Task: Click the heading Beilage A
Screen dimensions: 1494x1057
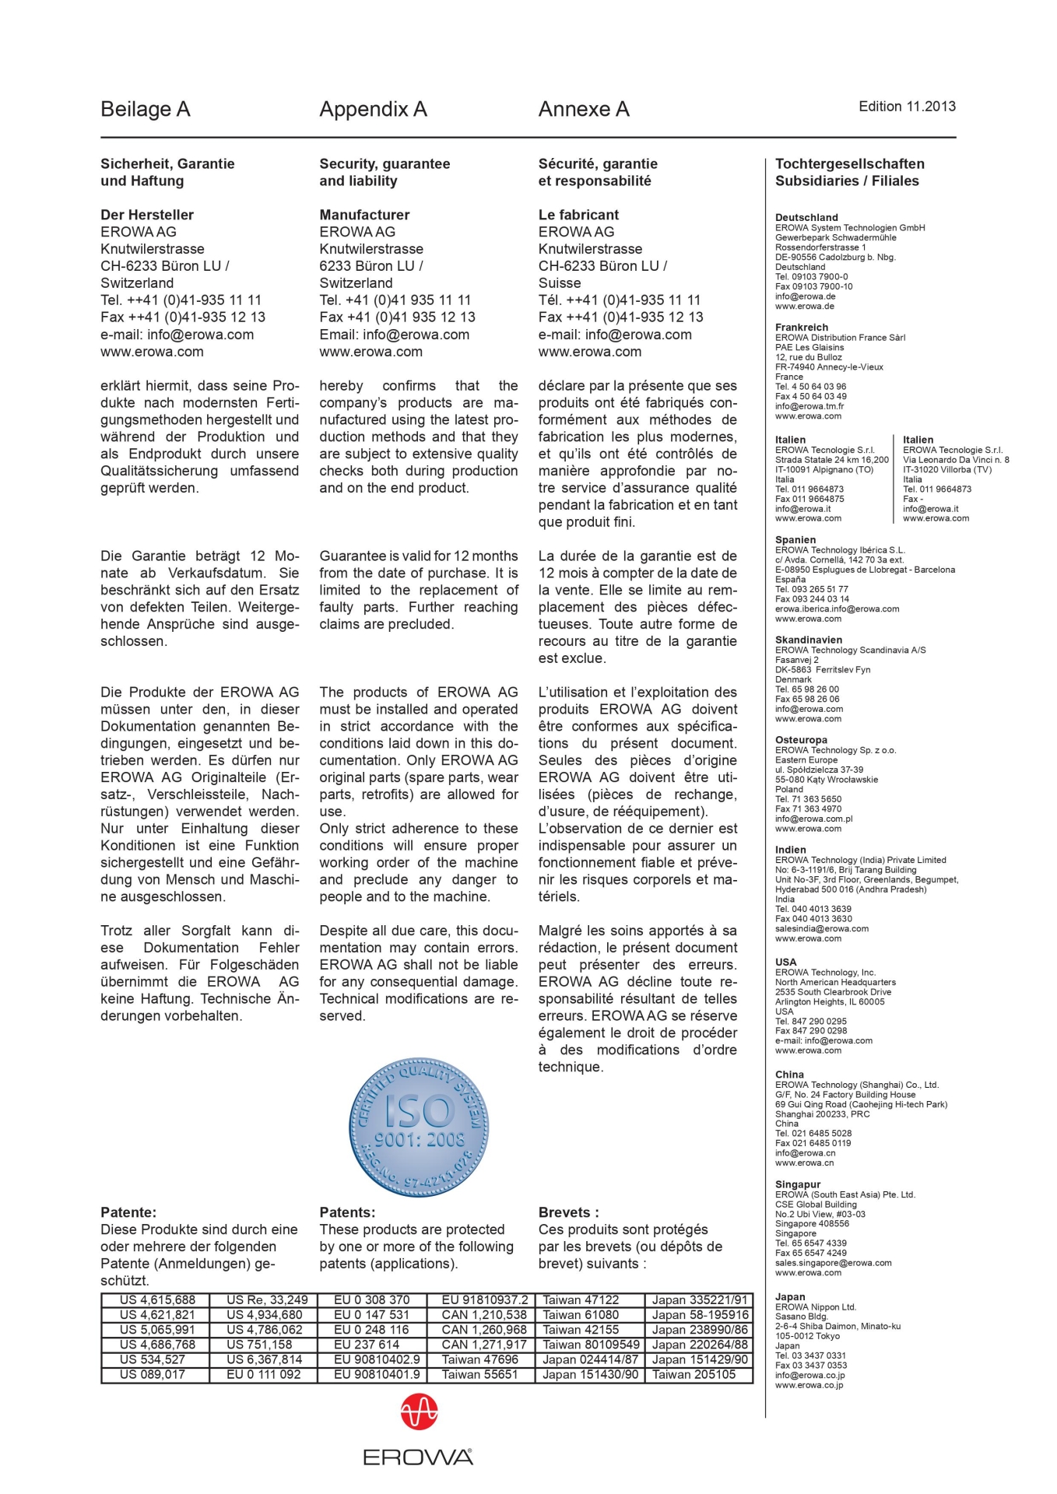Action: pos(146,110)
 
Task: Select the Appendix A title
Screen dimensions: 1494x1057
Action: pos(373,110)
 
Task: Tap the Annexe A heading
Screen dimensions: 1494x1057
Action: pos(584,110)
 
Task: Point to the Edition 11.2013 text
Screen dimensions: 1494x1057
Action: pos(907,107)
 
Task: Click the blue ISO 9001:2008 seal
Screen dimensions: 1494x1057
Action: pos(419,1127)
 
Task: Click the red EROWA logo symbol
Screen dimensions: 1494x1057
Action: pos(419,1412)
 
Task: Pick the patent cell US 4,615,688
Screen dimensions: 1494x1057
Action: pos(157,1300)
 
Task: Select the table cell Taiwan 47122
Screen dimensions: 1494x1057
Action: pos(581,1300)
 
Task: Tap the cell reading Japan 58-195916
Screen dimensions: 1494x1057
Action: pos(700,1315)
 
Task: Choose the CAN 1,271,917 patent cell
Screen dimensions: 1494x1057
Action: pos(484,1345)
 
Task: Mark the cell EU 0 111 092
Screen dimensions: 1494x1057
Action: pos(264,1374)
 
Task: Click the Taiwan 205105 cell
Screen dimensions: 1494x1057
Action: pos(694,1374)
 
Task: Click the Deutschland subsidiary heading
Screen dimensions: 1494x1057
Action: pos(806,218)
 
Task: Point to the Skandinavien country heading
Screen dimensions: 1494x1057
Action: pos(809,640)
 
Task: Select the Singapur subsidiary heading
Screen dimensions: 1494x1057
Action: pos(798,1184)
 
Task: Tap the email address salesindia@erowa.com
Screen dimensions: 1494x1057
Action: pos(822,928)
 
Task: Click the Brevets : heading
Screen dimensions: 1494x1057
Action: pos(568,1212)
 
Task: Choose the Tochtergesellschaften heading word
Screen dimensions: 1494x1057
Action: pos(850,164)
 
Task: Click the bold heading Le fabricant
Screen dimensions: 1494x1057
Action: pos(578,215)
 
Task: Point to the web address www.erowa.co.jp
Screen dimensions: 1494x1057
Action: pos(809,1385)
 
